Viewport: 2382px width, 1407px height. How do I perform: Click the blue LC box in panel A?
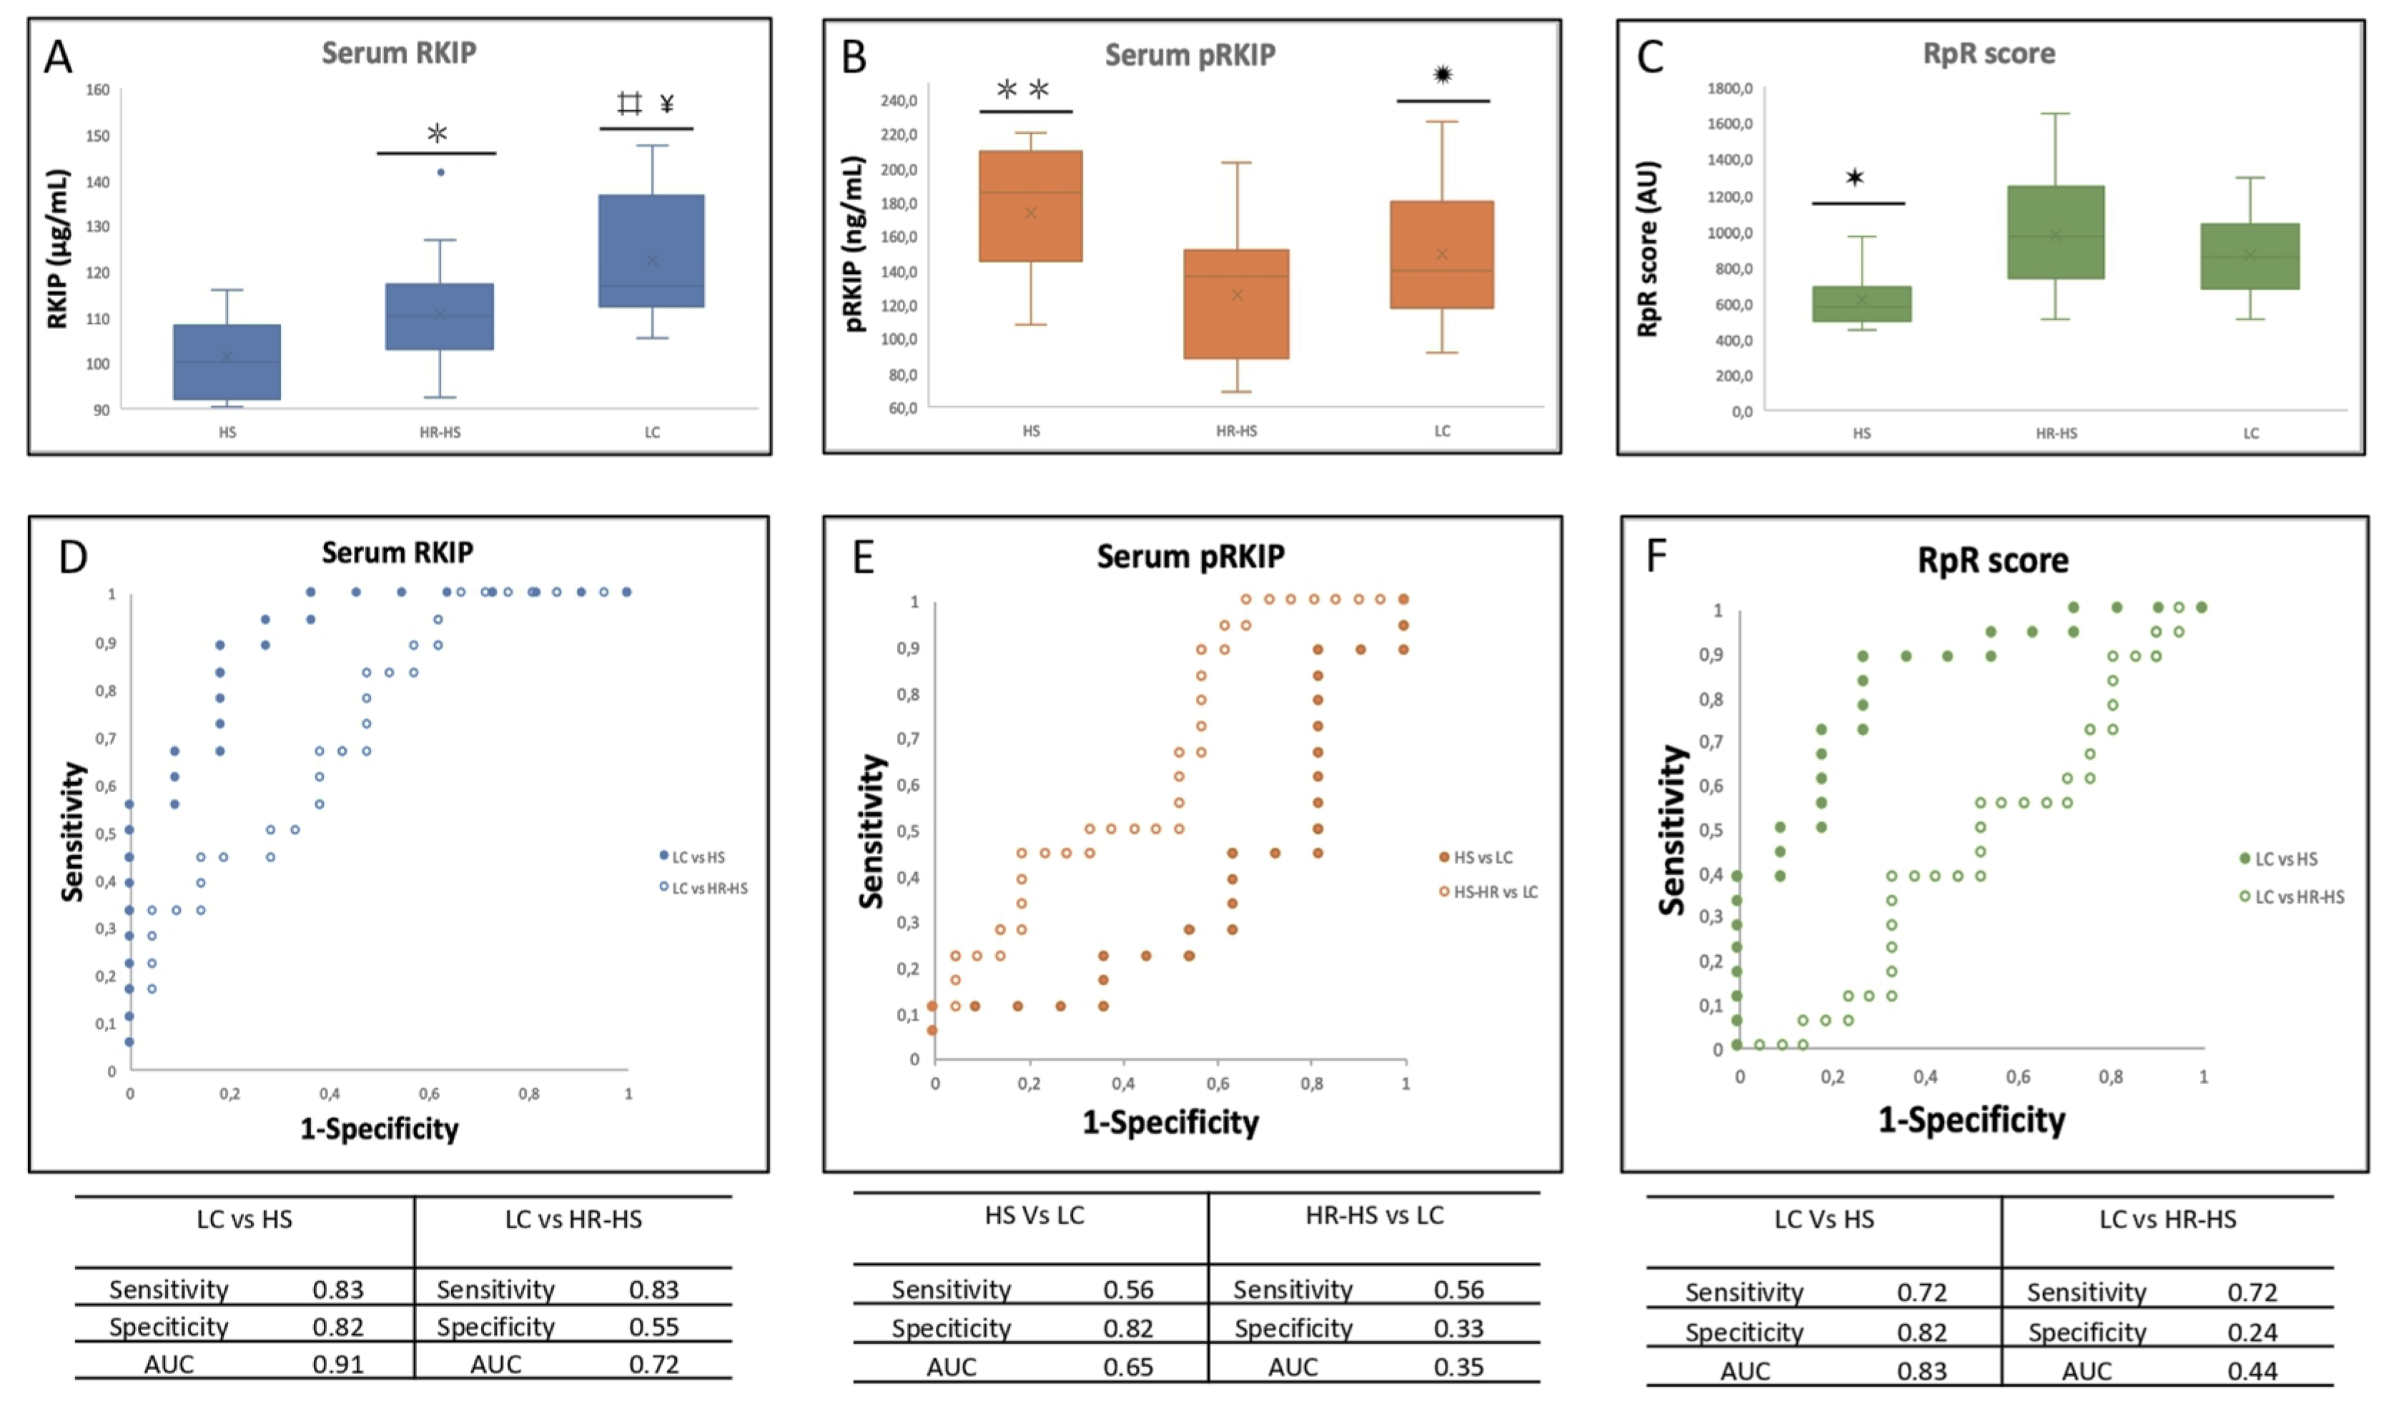tap(651, 250)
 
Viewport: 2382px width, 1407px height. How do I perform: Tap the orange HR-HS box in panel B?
tap(1236, 303)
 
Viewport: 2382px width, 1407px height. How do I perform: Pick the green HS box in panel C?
tap(1862, 303)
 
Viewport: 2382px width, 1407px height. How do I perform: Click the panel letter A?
tap(58, 57)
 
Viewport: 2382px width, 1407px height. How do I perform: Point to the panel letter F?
tap(1656, 556)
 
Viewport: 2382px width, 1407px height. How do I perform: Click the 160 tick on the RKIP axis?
tap(98, 90)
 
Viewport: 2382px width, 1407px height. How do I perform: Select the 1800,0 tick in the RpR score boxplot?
tap(1730, 88)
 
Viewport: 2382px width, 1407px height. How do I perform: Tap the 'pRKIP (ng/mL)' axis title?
tap(854, 244)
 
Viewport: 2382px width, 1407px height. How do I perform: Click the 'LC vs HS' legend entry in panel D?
tap(698, 857)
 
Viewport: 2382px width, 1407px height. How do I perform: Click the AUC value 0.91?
tap(337, 1364)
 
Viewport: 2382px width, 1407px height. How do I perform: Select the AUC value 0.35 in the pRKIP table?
tap(1458, 1367)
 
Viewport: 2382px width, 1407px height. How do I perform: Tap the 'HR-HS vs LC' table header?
tap(1375, 1215)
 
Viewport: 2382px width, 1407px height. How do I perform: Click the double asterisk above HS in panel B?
tap(1024, 90)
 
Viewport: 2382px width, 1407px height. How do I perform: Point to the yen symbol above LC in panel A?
tap(667, 104)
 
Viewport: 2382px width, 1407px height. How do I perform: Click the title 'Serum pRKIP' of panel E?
tap(1190, 556)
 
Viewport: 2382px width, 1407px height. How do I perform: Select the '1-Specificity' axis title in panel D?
tap(379, 1129)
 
